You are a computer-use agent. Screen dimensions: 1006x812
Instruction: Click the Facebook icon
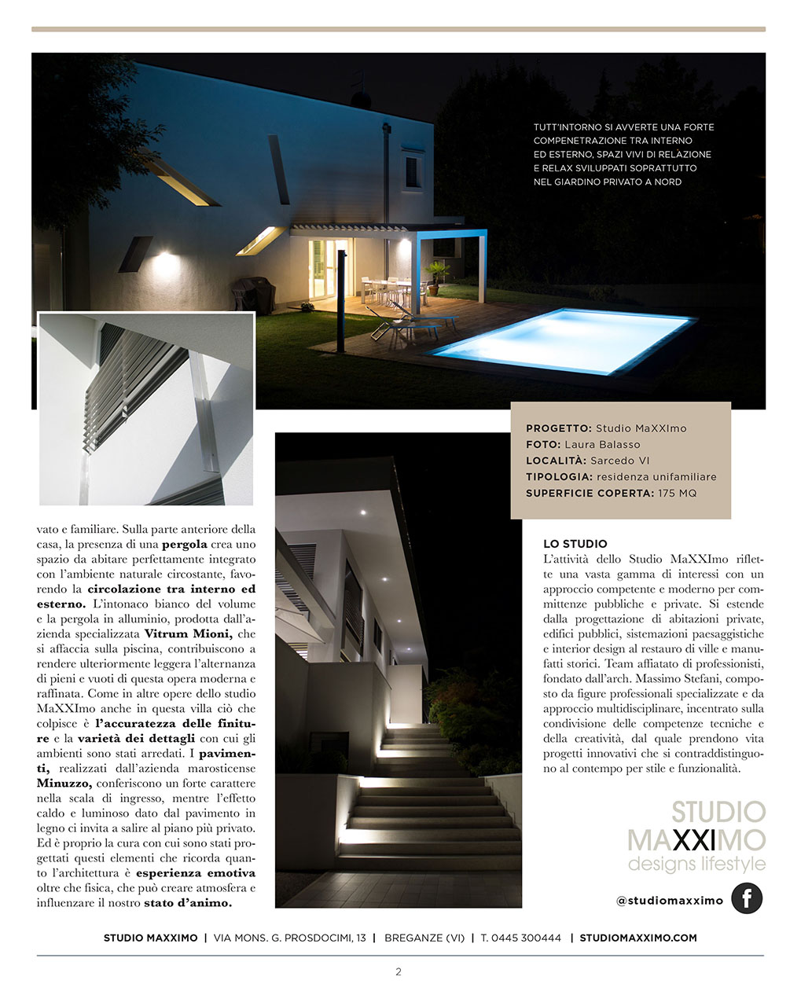point(746,898)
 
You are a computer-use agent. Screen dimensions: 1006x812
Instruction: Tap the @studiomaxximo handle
point(669,901)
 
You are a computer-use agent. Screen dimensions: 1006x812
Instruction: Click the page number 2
point(399,972)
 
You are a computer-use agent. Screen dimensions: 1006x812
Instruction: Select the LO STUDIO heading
point(575,544)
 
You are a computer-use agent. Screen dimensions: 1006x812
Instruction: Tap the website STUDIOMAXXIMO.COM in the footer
point(638,938)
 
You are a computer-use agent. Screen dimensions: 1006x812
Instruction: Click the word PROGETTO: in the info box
point(558,429)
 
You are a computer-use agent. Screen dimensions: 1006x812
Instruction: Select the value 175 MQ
point(677,494)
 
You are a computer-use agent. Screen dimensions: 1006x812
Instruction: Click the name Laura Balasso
point(602,445)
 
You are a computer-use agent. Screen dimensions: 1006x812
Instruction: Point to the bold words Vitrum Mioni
point(188,634)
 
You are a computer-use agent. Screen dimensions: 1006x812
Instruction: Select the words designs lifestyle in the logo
point(696,865)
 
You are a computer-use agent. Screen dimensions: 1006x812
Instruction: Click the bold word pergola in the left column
point(185,544)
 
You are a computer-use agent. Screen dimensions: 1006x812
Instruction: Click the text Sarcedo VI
point(620,461)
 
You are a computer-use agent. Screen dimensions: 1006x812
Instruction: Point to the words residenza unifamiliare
point(656,477)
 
